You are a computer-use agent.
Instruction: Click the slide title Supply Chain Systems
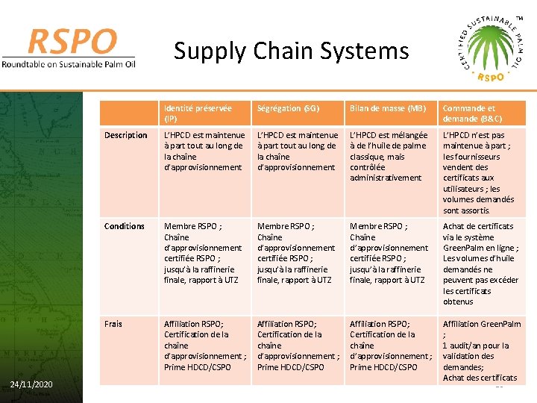point(291,51)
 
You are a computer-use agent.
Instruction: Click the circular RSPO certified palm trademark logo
point(490,46)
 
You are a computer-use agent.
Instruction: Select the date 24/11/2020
point(31,384)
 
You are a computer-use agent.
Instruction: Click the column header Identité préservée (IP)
point(198,113)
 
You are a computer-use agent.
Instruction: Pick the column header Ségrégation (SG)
point(288,108)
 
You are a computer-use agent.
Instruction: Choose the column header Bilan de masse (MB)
point(386,108)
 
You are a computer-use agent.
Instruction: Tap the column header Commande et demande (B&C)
point(472,113)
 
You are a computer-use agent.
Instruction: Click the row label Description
point(126,135)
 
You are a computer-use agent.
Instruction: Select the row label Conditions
point(125,226)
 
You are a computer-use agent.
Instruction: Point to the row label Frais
point(113,323)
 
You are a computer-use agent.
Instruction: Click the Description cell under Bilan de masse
point(388,157)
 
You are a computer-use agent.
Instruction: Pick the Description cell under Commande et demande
point(480,172)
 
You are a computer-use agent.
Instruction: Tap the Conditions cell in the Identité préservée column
point(203,253)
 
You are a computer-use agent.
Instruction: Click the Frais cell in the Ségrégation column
point(296,345)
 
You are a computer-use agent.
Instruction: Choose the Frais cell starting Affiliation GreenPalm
point(482,350)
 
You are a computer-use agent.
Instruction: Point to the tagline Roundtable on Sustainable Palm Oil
point(69,63)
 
